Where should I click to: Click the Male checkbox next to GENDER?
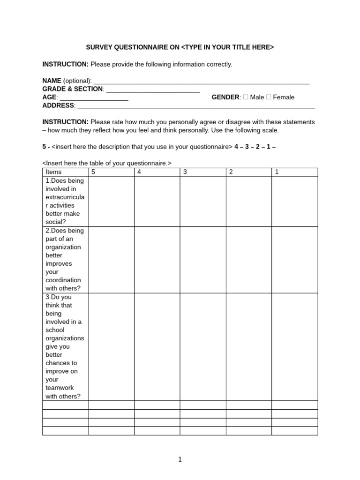tap(245, 97)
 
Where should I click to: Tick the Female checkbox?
tap(268, 97)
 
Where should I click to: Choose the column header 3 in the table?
tap(185, 172)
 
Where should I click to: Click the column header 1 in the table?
tap(277, 172)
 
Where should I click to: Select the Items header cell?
tap(53, 172)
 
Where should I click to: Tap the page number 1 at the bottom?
tap(180, 459)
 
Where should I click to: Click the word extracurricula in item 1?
tap(65, 197)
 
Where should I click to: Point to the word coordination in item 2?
tap(63, 280)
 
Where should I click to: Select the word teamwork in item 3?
tap(60, 388)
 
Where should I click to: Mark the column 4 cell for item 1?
tap(157, 202)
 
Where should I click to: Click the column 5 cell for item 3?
tap(111, 346)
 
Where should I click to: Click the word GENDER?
tap(225, 97)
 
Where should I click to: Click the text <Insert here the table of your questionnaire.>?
tap(107, 163)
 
